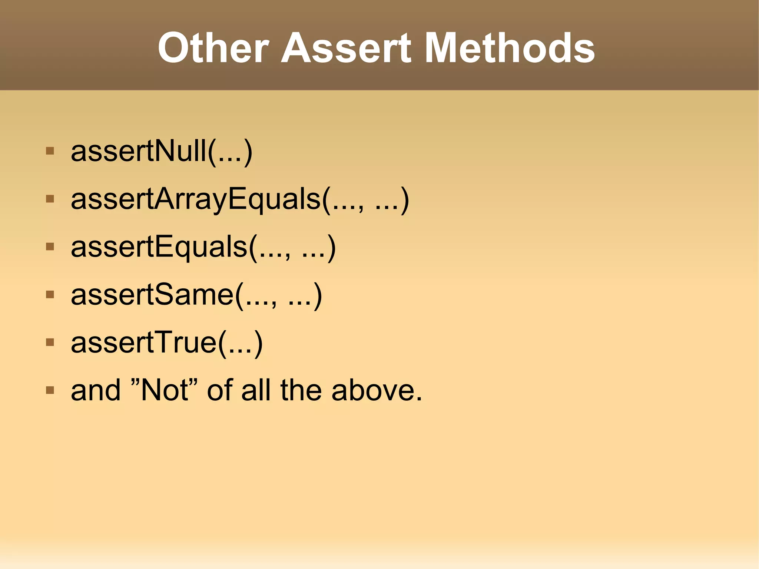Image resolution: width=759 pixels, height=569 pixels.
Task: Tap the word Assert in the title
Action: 346,48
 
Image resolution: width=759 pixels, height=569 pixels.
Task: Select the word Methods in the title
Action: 509,48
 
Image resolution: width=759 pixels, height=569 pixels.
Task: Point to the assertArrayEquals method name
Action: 196,199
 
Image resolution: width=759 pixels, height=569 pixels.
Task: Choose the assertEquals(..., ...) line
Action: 203,247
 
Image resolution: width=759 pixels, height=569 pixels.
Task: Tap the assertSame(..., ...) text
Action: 196,295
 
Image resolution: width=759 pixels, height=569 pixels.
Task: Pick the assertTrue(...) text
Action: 167,343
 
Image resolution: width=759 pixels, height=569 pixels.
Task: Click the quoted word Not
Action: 165,390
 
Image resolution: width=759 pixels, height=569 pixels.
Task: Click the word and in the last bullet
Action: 96,390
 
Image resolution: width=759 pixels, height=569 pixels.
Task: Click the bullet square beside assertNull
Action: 50,151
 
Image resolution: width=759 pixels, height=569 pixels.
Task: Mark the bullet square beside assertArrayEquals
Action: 50,199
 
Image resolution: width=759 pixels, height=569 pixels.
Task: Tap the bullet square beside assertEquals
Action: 50,247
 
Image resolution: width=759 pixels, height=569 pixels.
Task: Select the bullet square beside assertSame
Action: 50,295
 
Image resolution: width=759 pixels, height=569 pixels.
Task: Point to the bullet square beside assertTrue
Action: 50,343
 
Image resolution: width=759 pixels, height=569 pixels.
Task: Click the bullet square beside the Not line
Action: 50,390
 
